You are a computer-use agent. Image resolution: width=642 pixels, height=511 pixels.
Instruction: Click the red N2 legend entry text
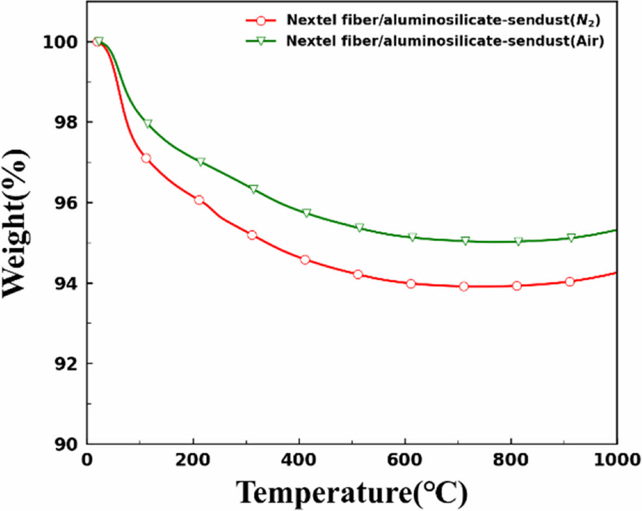point(445,21)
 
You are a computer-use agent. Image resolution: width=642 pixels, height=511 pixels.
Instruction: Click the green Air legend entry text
point(445,41)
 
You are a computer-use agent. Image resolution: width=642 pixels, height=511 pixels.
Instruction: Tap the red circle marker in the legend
point(261,21)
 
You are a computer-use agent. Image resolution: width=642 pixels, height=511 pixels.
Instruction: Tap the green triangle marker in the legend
point(261,42)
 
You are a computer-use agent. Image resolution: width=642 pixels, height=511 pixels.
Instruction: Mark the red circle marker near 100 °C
point(146,158)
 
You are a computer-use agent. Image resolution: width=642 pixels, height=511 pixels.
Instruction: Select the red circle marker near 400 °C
point(305,260)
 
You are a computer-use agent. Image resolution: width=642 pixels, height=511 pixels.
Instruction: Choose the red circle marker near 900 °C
point(570,281)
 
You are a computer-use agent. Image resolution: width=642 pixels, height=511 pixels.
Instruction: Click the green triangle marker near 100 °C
point(148,124)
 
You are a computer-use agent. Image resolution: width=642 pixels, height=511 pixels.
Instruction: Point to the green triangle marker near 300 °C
point(253,189)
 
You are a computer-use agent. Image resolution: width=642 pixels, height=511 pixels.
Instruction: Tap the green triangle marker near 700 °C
point(465,241)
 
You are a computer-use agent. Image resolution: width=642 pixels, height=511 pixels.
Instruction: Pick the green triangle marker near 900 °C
point(571,238)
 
